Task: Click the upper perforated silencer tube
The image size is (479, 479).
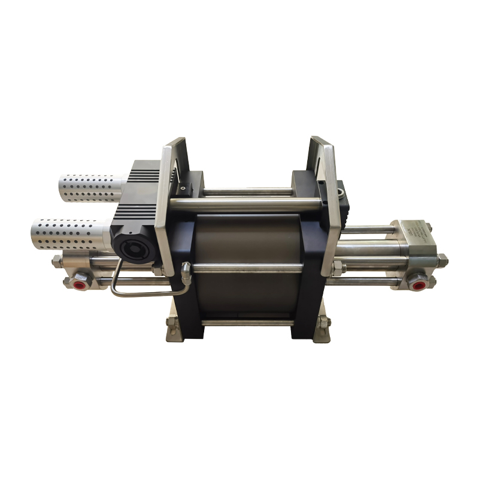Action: [x=90, y=187]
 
